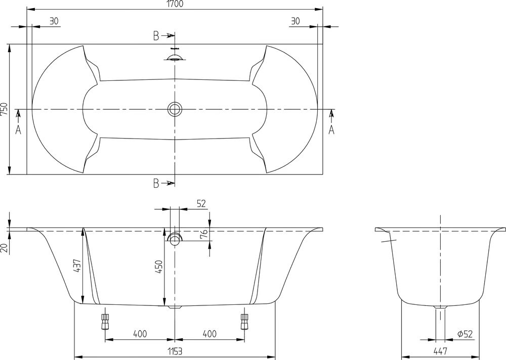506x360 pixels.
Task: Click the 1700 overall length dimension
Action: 175,4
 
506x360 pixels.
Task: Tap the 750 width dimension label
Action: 4,110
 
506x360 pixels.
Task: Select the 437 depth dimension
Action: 77,265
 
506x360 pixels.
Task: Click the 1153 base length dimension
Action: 175,351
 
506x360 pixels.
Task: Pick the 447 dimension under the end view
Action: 440,350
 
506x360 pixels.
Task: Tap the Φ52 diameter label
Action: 465,334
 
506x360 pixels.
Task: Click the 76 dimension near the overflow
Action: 203,234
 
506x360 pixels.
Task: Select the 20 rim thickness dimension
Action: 4,248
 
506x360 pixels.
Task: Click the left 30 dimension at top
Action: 54,21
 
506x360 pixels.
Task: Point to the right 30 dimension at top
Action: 296,21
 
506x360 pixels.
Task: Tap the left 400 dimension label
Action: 140,334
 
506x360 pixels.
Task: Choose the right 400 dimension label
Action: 210,334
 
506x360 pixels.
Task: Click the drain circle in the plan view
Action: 175,109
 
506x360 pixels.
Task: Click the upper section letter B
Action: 156,36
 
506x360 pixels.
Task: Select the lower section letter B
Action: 156,183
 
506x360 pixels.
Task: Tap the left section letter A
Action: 18,129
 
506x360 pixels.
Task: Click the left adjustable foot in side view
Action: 105,321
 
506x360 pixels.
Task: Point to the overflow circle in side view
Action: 175,238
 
